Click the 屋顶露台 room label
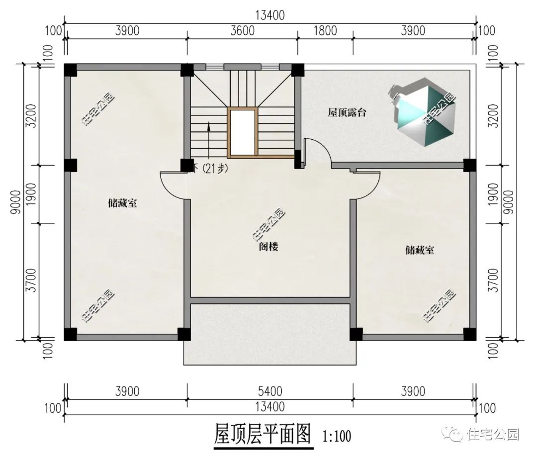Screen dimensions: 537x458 (x=347, y=112)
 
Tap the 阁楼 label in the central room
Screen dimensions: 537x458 (x=268, y=247)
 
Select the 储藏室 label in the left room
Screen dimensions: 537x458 (x=122, y=203)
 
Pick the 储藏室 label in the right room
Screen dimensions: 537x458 (x=420, y=250)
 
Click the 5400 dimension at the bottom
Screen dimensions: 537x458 (x=270, y=391)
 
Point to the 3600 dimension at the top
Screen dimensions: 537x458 (x=243, y=31)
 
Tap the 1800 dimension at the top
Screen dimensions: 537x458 (x=325, y=31)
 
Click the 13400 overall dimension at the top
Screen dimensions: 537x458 (x=270, y=15)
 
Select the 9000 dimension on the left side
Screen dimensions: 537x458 (x=16, y=202)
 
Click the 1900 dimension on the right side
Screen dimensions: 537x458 (x=493, y=194)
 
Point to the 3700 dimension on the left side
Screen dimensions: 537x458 (x=31, y=280)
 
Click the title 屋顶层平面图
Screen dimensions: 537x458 (x=263, y=434)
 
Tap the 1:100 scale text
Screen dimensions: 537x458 (x=337, y=437)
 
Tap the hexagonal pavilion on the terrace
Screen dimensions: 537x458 (x=424, y=112)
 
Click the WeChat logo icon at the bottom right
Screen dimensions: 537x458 (x=453, y=434)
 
